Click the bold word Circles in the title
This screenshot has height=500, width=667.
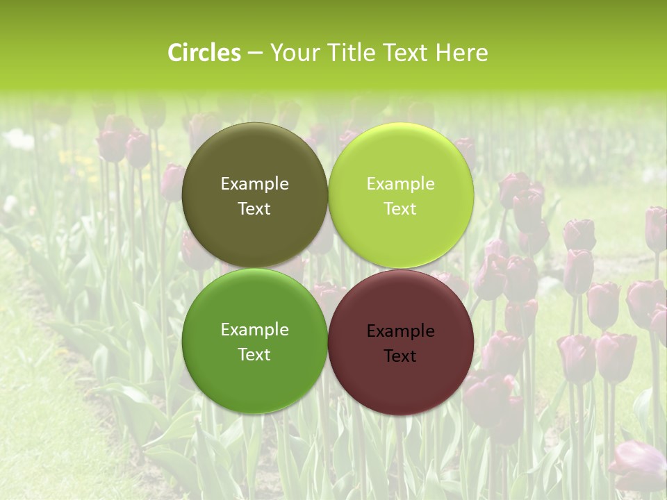[x=204, y=53]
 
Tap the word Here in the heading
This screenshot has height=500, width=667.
[x=462, y=53]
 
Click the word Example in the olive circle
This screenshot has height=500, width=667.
[x=254, y=183]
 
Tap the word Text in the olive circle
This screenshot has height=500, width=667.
[x=254, y=208]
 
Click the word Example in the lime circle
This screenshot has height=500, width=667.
[x=401, y=183]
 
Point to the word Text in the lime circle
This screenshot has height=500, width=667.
[x=401, y=208]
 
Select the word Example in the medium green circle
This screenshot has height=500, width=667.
[x=254, y=329]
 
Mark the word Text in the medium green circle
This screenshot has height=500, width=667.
[x=254, y=354]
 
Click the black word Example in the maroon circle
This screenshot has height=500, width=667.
[x=401, y=331]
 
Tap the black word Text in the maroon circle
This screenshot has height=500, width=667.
[x=401, y=356]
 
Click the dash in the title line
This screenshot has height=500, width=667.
[x=255, y=53]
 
